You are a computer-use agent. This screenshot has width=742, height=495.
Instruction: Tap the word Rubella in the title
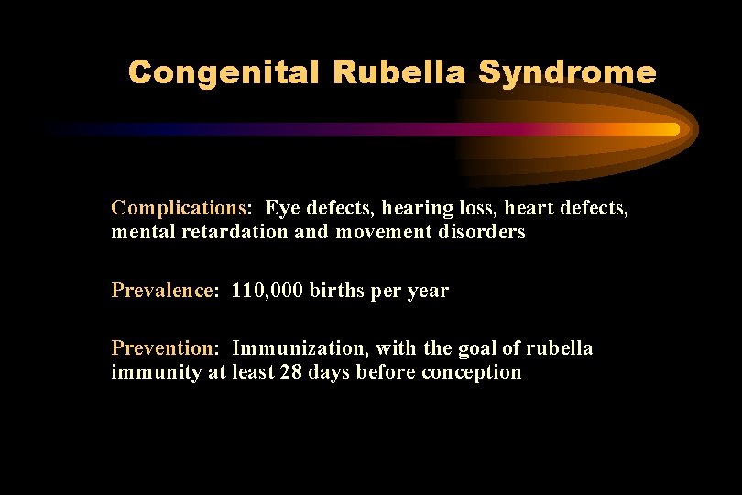click(x=398, y=72)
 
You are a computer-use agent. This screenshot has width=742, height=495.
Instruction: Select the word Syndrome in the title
click(x=568, y=72)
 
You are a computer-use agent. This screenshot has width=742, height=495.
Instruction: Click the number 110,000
click(x=267, y=291)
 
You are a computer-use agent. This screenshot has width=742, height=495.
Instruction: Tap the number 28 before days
click(x=290, y=372)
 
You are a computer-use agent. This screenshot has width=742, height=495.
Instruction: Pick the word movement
click(x=376, y=232)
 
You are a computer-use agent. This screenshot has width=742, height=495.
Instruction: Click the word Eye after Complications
click(x=280, y=209)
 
